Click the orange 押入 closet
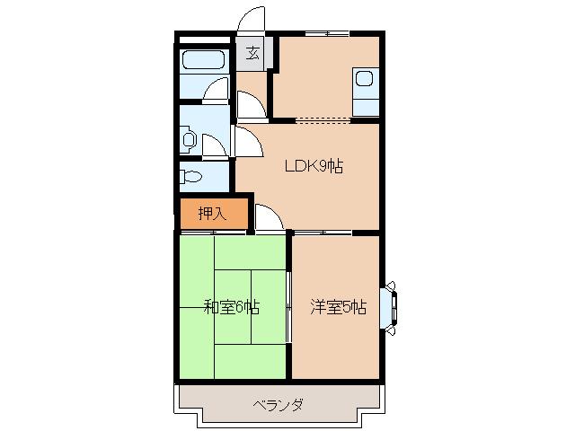click(x=211, y=215)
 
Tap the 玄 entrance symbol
click(x=253, y=52)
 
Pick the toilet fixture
click(x=190, y=176)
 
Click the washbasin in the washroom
click(x=188, y=139)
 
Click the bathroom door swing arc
click(x=217, y=91)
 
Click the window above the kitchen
click(x=325, y=34)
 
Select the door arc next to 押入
click(x=268, y=218)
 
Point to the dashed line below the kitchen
click(x=323, y=119)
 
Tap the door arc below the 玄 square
click(x=251, y=106)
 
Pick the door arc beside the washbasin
click(x=215, y=144)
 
